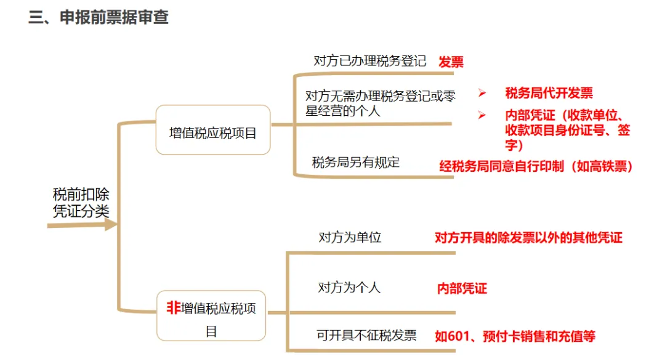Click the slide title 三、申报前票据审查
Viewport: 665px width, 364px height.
click(99, 17)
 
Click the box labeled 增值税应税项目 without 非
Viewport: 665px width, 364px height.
click(212, 131)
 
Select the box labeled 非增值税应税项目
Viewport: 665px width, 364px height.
click(211, 316)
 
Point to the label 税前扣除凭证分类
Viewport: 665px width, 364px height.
click(81, 203)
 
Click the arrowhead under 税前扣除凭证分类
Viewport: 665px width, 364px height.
click(110, 225)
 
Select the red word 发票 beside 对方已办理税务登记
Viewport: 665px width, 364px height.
click(451, 62)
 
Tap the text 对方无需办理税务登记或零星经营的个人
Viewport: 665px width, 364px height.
click(380, 103)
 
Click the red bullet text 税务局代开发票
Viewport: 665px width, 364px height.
click(549, 93)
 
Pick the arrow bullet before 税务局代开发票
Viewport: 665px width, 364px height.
click(482, 93)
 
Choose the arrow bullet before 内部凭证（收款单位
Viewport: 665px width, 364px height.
click(482, 115)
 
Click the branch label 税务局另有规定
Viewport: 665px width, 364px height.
click(355, 163)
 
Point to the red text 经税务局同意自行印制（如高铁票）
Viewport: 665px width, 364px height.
click(536, 166)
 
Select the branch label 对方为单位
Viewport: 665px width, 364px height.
click(349, 237)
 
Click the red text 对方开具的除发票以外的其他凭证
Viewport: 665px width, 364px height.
click(528, 238)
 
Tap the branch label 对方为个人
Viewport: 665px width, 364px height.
click(349, 287)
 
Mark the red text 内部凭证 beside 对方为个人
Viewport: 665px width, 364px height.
click(462, 288)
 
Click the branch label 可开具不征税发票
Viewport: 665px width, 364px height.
click(366, 335)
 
